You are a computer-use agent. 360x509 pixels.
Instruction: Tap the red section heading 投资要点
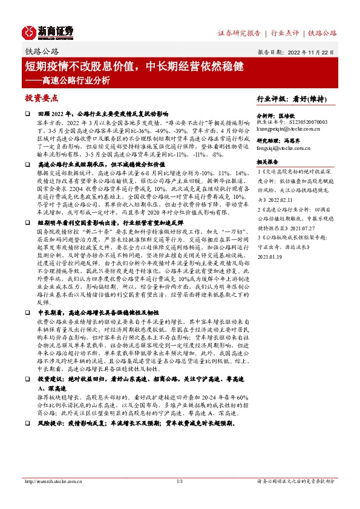pyautogui.click(x=41, y=97)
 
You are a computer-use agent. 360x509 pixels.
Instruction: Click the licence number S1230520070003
pyautogui.click(x=315, y=122)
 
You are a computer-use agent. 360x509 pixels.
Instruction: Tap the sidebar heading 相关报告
pyautogui.click(x=267, y=161)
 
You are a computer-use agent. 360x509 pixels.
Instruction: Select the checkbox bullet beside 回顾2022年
pyautogui.click(x=27, y=113)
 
